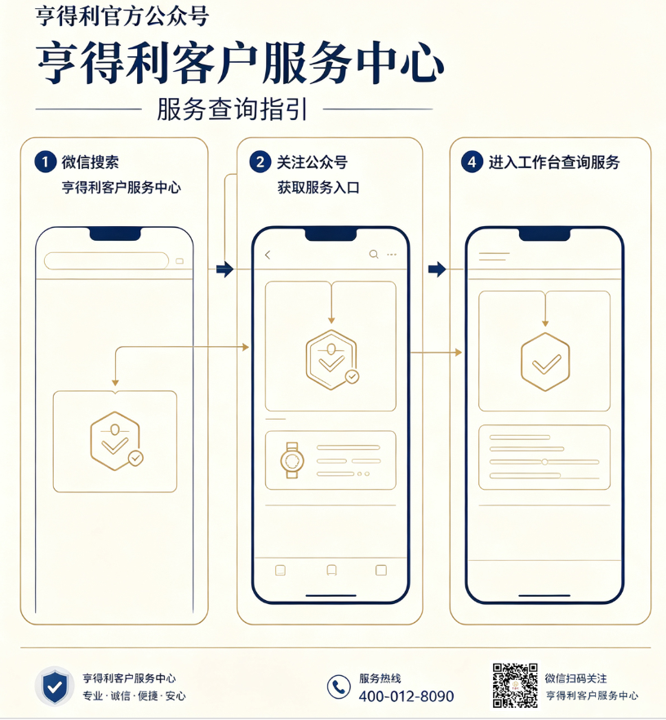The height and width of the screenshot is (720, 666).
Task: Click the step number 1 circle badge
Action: pyautogui.click(x=45, y=162)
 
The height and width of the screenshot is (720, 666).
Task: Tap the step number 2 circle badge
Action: pyautogui.click(x=260, y=162)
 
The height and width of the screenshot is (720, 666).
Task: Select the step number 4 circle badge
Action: pyautogui.click(x=472, y=162)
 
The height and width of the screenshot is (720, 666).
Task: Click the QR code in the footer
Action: pyautogui.click(x=515, y=685)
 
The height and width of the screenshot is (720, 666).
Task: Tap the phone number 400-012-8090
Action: pyautogui.click(x=406, y=696)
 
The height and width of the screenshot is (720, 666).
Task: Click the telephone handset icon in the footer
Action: pyautogui.click(x=339, y=687)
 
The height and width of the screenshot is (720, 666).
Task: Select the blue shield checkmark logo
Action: pyautogui.click(x=55, y=687)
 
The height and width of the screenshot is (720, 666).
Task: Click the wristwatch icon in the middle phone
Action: pyautogui.click(x=292, y=460)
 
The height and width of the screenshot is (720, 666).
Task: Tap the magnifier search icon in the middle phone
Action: pyautogui.click(x=374, y=255)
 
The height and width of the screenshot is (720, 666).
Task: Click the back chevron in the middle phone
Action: pyautogui.click(x=268, y=255)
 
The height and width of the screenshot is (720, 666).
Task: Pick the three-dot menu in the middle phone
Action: pyautogui.click(x=392, y=255)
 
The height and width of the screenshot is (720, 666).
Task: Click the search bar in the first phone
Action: pyautogui.click(x=106, y=261)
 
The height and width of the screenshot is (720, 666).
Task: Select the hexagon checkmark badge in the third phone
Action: pyautogui.click(x=545, y=362)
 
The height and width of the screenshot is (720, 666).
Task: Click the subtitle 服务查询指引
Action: pyautogui.click(x=232, y=109)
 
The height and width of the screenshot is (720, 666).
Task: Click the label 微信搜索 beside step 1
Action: pyautogui.click(x=91, y=162)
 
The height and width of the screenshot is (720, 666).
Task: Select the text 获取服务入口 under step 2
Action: pyautogui.click(x=318, y=188)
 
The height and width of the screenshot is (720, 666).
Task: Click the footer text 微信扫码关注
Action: pyautogui.click(x=576, y=678)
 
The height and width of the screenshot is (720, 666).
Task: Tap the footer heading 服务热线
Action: pyautogui.click(x=380, y=678)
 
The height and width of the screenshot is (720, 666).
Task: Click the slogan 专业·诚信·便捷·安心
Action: pyautogui.click(x=134, y=696)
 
